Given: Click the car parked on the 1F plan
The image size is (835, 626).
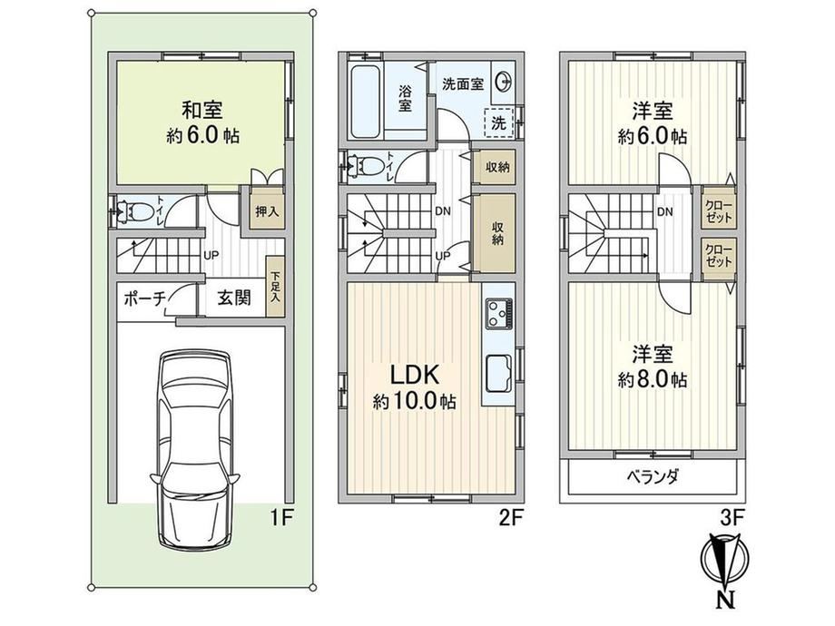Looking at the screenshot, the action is point(194,449).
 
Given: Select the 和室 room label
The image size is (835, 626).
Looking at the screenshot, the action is point(201,110).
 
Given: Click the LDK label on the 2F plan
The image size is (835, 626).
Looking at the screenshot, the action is point(414,375).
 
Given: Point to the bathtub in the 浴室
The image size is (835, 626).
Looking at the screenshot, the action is point(365,101).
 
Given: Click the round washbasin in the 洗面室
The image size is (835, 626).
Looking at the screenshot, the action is point(504,83).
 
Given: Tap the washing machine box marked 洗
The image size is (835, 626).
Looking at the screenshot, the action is point(498,123).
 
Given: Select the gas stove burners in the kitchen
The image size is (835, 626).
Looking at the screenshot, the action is point(499,314).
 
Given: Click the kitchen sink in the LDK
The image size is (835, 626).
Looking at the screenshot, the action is point(498,373).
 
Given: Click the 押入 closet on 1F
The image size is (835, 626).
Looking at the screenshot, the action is point(267,211).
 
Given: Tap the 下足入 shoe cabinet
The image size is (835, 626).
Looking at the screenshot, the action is point(275,288).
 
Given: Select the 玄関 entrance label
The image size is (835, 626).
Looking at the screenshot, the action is point(233,298).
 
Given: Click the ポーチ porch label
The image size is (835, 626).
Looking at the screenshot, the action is point(144,298).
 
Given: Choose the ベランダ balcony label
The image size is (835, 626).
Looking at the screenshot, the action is point(652,476).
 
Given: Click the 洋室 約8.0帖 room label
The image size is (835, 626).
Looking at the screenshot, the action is point(652,367).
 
